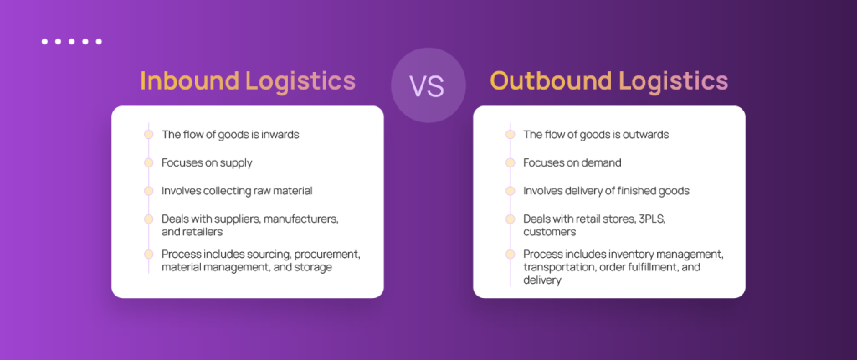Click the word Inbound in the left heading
click(x=190, y=80)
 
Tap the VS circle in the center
click(x=428, y=85)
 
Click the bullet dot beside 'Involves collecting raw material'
click(x=149, y=191)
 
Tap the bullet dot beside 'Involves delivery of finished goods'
click(x=511, y=191)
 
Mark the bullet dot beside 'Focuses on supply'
click(x=149, y=162)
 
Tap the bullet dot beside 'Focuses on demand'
click(x=511, y=162)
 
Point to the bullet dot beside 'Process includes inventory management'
click(x=511, y=255)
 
